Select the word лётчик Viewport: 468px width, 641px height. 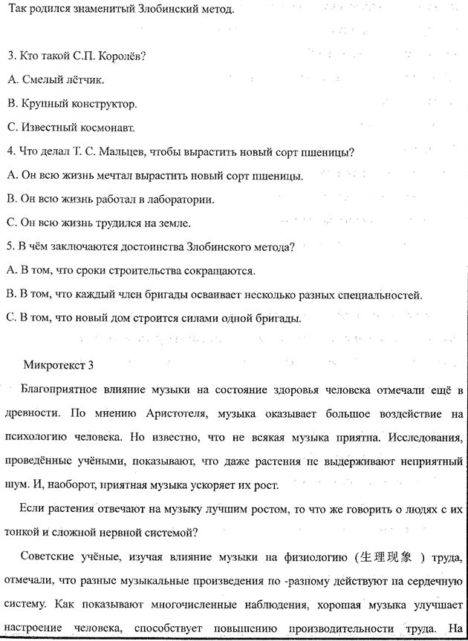(x=82, y=79)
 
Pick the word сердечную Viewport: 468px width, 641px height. (x=437, y=580)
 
